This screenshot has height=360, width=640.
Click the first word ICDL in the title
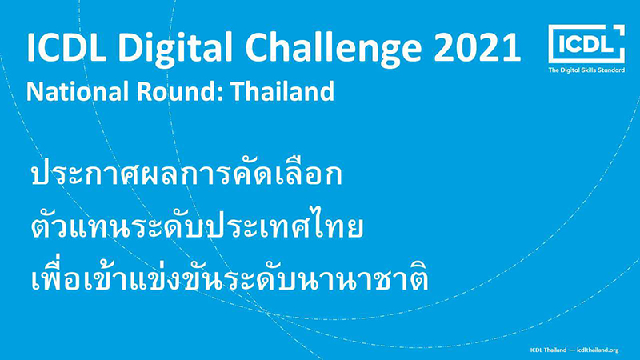66,46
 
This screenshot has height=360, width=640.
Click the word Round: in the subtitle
180,91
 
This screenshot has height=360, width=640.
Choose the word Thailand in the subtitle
282,90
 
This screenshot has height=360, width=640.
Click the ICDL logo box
586,44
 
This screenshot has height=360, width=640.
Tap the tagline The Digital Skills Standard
586,70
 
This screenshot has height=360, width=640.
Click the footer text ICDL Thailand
548,350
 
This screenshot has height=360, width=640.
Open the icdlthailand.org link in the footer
598,350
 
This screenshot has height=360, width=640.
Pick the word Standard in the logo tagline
612,70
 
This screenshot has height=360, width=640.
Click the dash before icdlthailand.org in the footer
572,350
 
